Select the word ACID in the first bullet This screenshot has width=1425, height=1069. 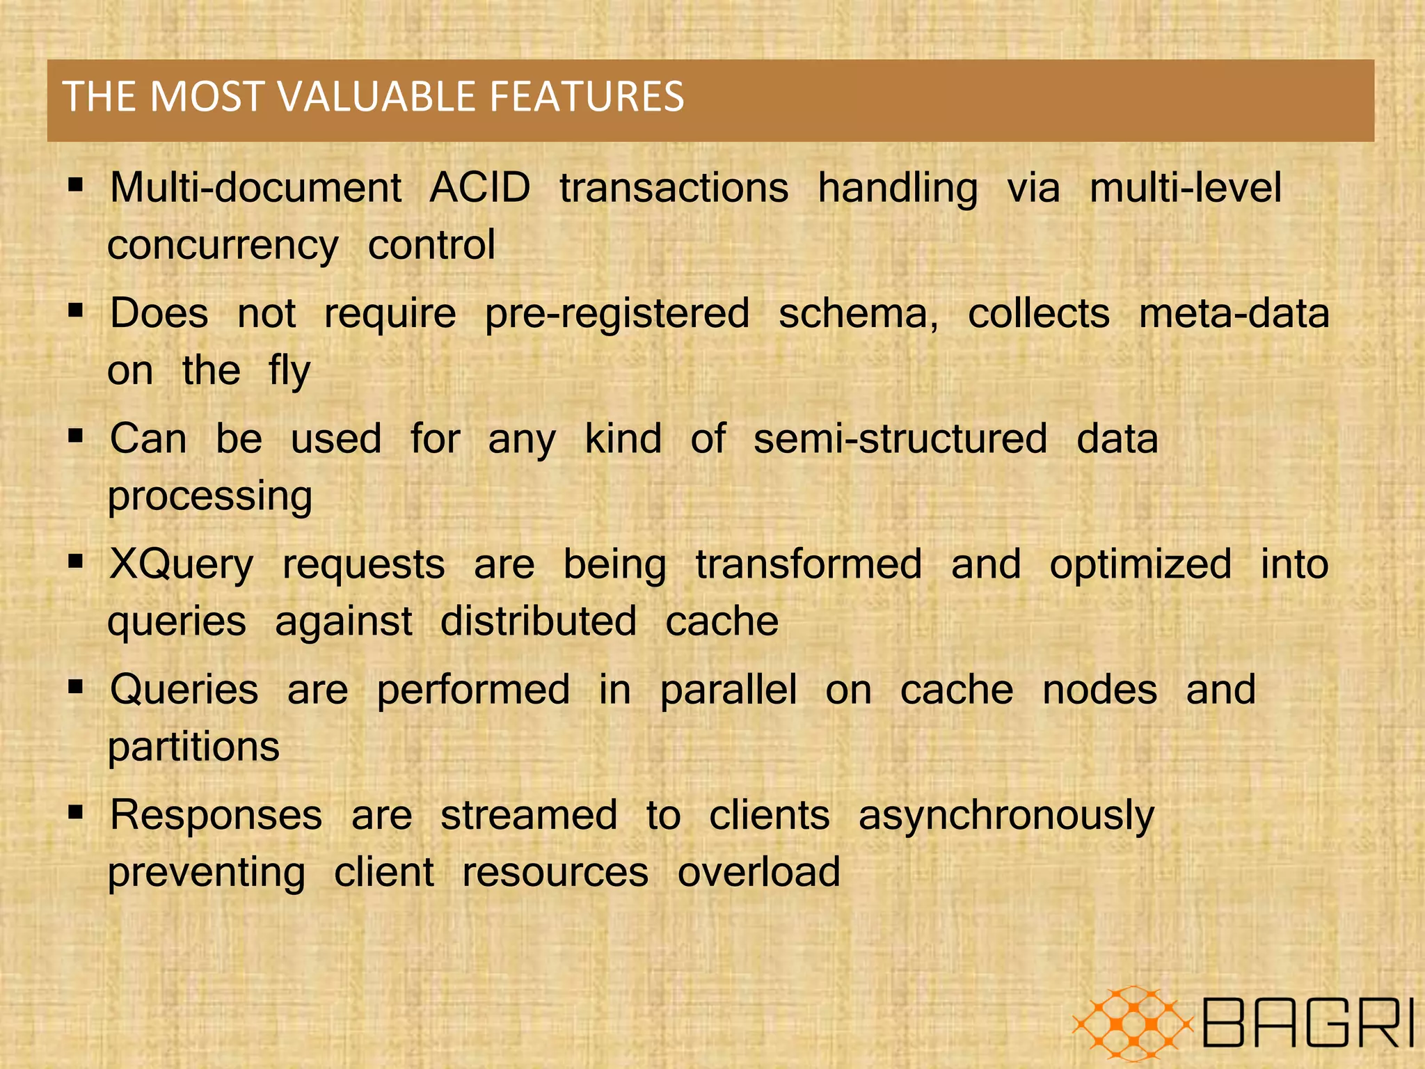coord(479,188)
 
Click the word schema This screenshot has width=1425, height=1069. coord(857,313)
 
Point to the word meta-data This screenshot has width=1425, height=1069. coord(1234,313)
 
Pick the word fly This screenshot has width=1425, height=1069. coord(289,372)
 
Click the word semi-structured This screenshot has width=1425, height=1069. coord(900,439)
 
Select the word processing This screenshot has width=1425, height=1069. coord(210,497)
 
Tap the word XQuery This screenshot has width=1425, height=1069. coord(182,565)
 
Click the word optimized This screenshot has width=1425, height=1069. coord(1140,564)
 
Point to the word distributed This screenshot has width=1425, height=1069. coord(539,621)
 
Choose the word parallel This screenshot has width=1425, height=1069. coord(728,690)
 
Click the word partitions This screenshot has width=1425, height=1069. coord(193,747)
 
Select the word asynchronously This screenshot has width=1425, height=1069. coord(1006,816)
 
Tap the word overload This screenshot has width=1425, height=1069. coord(759,872)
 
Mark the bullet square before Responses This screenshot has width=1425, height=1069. coord(76,811)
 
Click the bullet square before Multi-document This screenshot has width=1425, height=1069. coord(76,185)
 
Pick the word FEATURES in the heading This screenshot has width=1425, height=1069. coord(587,96)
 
